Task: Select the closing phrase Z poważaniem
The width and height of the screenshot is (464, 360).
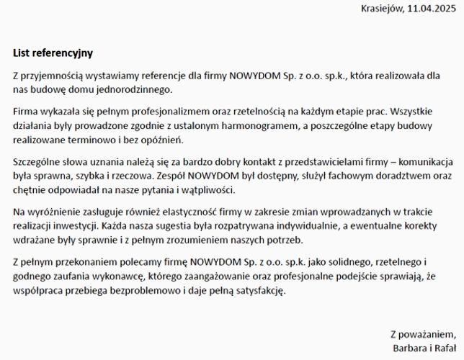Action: [423, 334]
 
